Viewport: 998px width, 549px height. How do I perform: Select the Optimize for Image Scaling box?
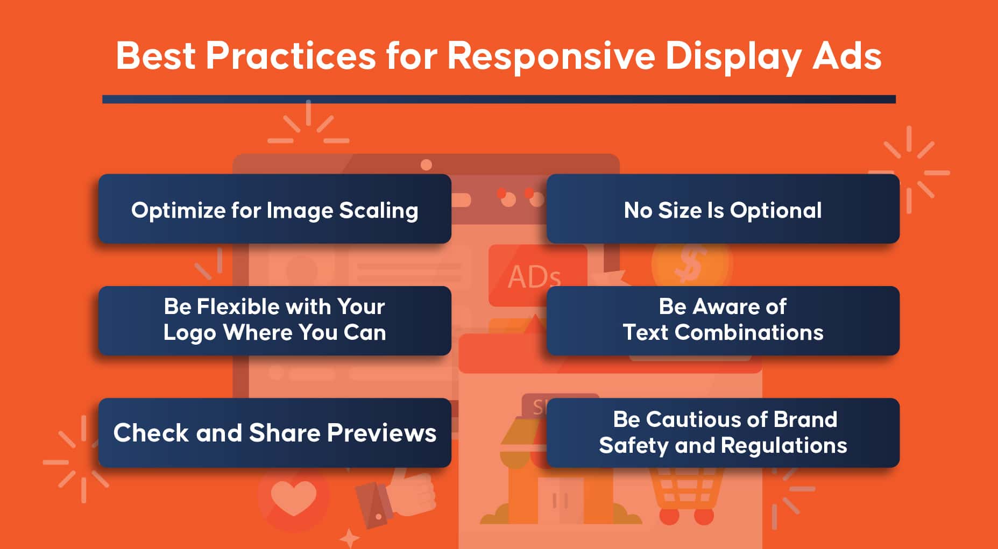click(274, 209)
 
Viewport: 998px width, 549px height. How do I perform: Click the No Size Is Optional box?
click(723, 209)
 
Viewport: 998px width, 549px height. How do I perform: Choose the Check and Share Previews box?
click(274, 433)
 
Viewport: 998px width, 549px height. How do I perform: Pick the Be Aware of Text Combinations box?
click(723, 320)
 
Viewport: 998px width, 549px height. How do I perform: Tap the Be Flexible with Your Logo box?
click(274, 320)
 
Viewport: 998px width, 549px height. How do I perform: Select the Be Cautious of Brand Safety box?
click(723, 433)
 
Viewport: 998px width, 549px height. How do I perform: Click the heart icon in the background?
click(293, 498)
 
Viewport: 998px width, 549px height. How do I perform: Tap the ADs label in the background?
click(534, 277)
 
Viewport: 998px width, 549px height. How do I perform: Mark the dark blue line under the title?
click(499, 99)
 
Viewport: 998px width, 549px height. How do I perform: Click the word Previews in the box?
click(381, 433)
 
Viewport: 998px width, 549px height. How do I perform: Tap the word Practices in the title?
click(291, 55)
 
